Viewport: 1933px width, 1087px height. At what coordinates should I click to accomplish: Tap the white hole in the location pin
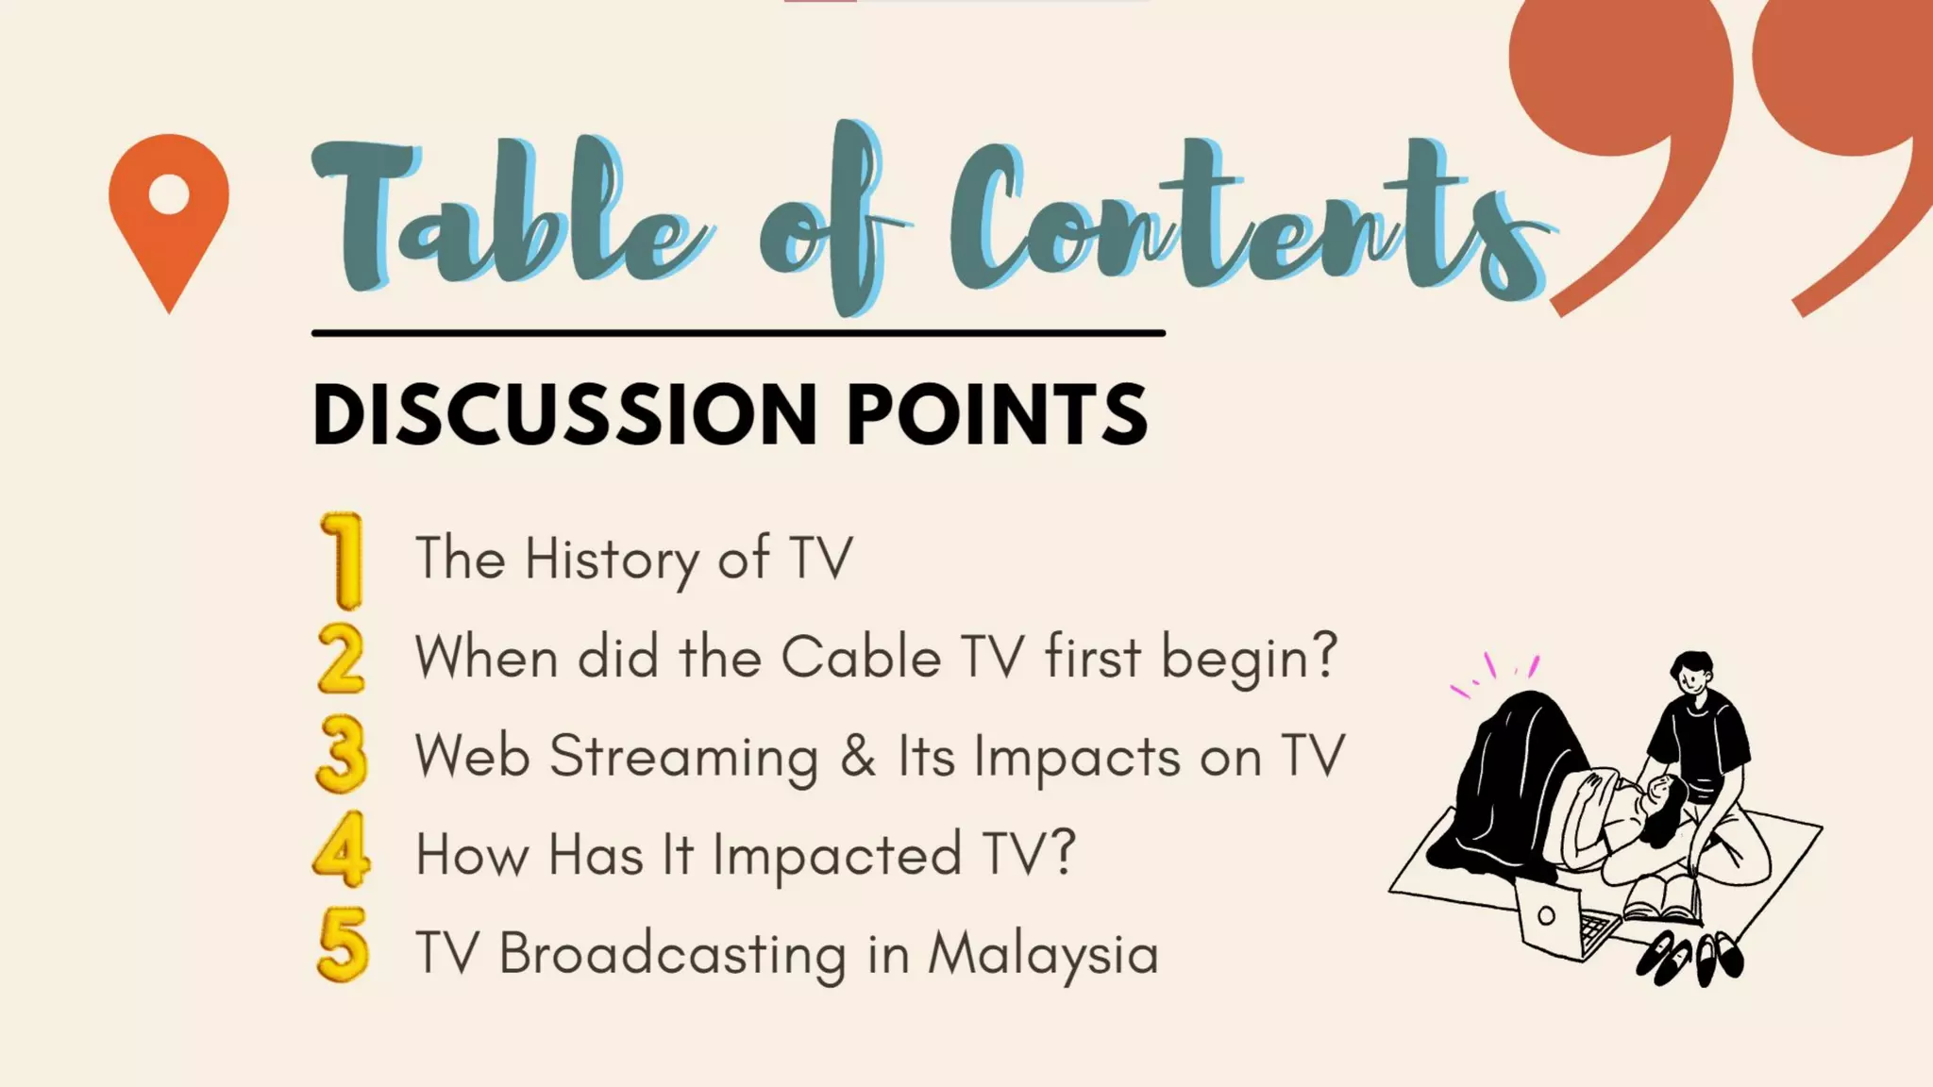(169, 194)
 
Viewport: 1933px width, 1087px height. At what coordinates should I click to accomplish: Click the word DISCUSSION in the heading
(563, 414)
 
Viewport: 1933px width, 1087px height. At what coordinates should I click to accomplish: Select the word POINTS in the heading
(997, 414)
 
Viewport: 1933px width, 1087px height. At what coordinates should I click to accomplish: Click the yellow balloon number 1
(342, 560)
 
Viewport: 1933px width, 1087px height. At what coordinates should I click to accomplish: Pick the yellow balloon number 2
(341, 659)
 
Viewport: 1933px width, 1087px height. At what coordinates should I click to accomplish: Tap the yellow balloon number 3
(341, 755)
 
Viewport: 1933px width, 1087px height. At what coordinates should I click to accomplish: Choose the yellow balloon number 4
(341, 850)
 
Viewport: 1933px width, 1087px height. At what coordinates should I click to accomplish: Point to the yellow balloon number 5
(342, 945)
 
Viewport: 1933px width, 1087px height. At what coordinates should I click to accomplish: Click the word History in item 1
(611, 559)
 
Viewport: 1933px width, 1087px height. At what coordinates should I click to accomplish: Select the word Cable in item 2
(861, 657)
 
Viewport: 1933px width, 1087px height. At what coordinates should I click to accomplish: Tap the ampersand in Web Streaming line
(858, 757)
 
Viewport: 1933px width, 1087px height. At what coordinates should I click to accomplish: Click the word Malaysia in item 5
(1043, 954)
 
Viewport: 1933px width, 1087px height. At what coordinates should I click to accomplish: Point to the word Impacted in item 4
(836, 855)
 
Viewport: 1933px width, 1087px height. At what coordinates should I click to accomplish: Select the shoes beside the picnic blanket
(1689, 957)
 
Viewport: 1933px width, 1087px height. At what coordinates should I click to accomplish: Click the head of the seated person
(1691, 675)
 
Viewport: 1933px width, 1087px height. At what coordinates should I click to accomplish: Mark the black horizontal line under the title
(738, 333)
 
